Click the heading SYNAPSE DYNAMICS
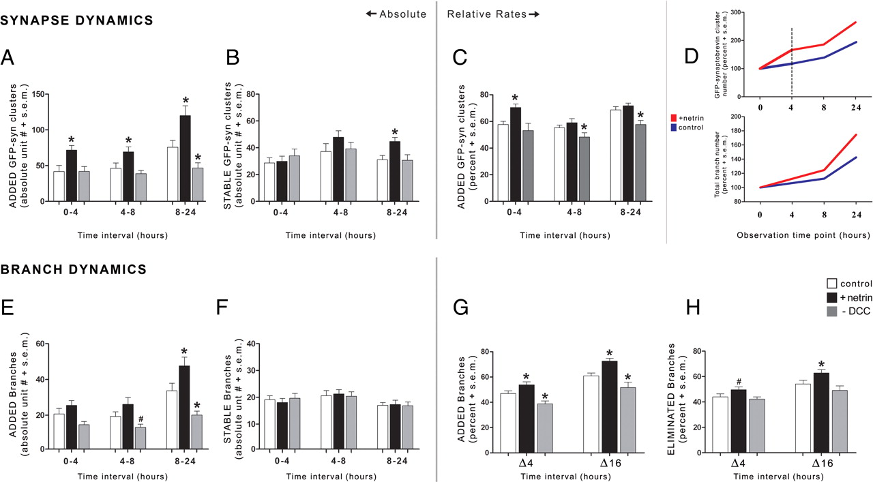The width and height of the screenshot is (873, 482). tap(77, 21)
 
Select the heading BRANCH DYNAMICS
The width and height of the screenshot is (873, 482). tap(74, 270)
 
